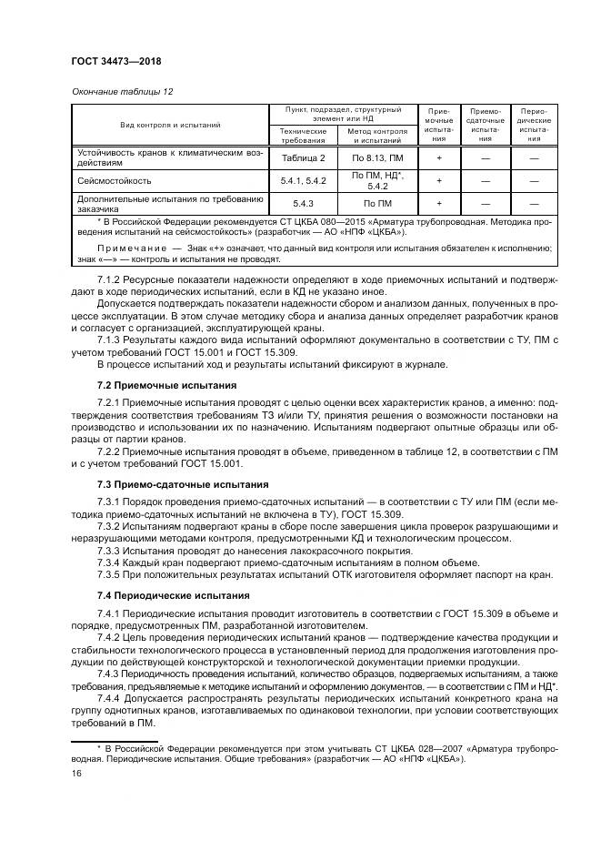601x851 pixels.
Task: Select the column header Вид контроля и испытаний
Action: [171, 125]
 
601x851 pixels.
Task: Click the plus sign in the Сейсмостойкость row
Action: [439, 180]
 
